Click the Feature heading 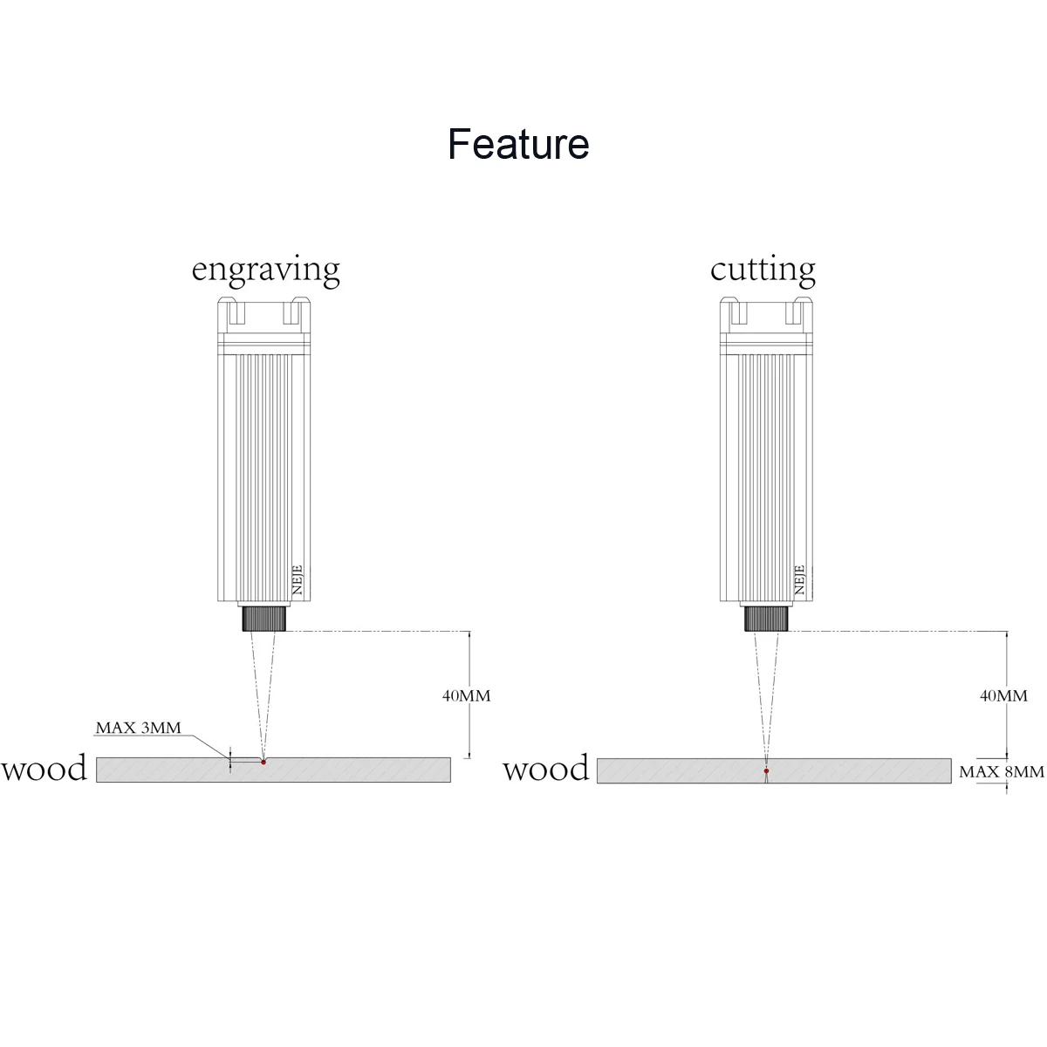tap(518, 144)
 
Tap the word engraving tap(265, 270)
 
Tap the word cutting tap(763, 270)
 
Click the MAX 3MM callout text tap(138, 728)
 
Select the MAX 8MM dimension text tap(1001, 771)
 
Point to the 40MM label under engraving tap(466, 695)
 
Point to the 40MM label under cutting tap(1003, 695)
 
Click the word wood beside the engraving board tap(44, 769)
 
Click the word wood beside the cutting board tap(546, 769)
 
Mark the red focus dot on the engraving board tap(263, 762)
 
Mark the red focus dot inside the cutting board tap(766, 771)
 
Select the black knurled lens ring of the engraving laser tap(264, 618)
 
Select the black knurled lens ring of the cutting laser tap(767, 618)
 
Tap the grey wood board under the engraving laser tap(349, 770)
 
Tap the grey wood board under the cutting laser tap(855, 771)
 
